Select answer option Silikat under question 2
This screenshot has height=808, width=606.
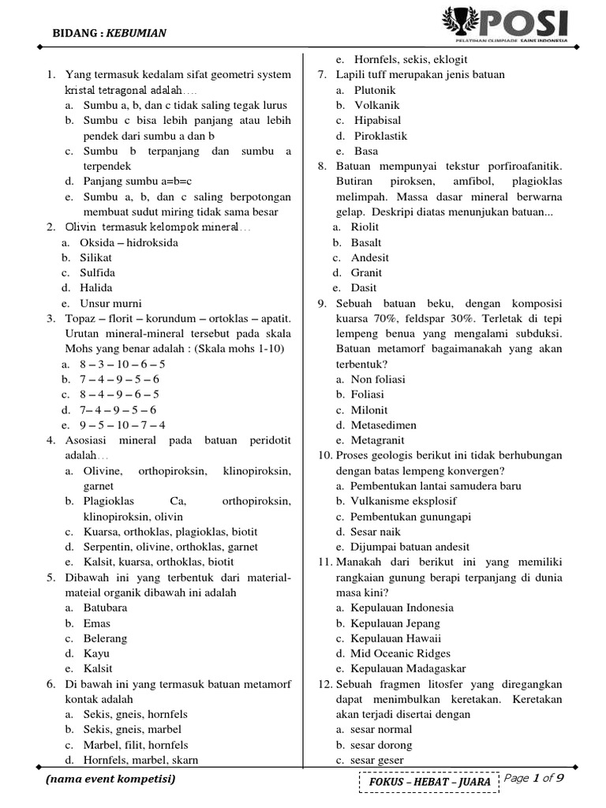coord(95,257)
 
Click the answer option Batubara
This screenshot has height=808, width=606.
coord(105,608)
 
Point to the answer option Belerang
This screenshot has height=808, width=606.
coord(105,638)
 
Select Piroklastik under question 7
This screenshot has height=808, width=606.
coord(380,136)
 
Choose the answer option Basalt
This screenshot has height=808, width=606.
coord(366,242)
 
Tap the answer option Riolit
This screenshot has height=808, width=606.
coord(365,227)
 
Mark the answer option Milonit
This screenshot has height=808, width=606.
coord(369,410)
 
